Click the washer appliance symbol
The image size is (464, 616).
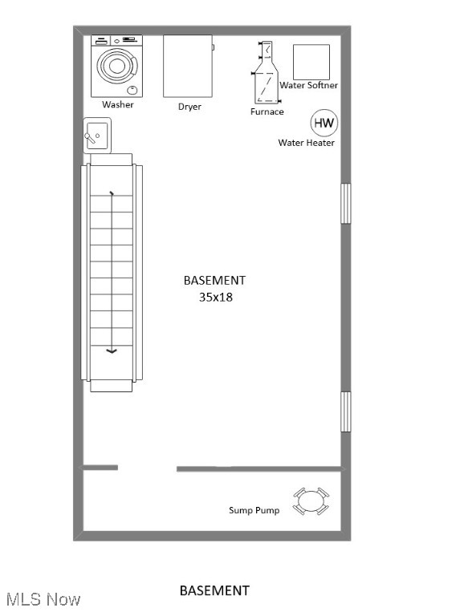pyautogui.click(x=117, y=66)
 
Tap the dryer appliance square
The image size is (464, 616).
pyautogui.click(x=189, y=66)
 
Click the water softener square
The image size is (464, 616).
pyautogui.click(x=311, y=62)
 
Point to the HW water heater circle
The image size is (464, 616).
pyautogui.click(x=324, y=123)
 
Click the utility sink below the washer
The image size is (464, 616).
pyautogui.click(x=97, y=135)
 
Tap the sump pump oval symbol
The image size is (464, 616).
pyautogui.click(x=311, y=502)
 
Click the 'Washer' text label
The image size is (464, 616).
pyautogui.click(x=117, y=104)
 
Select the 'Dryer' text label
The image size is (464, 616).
pyautogui.click(x=189, y=106)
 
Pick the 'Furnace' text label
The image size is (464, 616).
pyautogui.click(x=267, y=111)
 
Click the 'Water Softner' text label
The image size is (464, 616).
pyautogui.click(x=308, y=85)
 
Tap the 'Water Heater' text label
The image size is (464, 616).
pyautogui.click(x=306, y=143)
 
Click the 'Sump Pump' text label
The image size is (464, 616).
pyautogui.click(x=254, y=510)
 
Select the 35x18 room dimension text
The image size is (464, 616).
pyautogui.click(x=215, y=296)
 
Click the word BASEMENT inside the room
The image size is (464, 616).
pyautogui.click(x=214, y=280)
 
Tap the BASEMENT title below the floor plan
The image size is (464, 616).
pyautogui.click(x=214, y=590)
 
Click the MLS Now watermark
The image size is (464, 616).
pyautogui.click(x=43, y=599)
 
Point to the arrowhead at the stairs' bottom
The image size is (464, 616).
pyautogui.click(x=111, y=351)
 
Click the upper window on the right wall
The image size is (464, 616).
pyautogui.click(x=346, y=203)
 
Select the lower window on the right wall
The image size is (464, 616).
pyautogui.click(x=346, y=411)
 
